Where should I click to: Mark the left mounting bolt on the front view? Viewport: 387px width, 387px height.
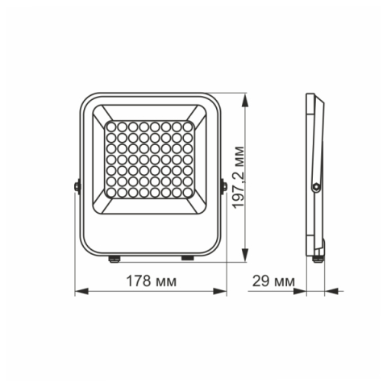click(77, 185)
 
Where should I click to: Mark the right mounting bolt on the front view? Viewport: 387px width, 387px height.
click(224, 185)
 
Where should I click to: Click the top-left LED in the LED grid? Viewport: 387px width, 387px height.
click(112, 127)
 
